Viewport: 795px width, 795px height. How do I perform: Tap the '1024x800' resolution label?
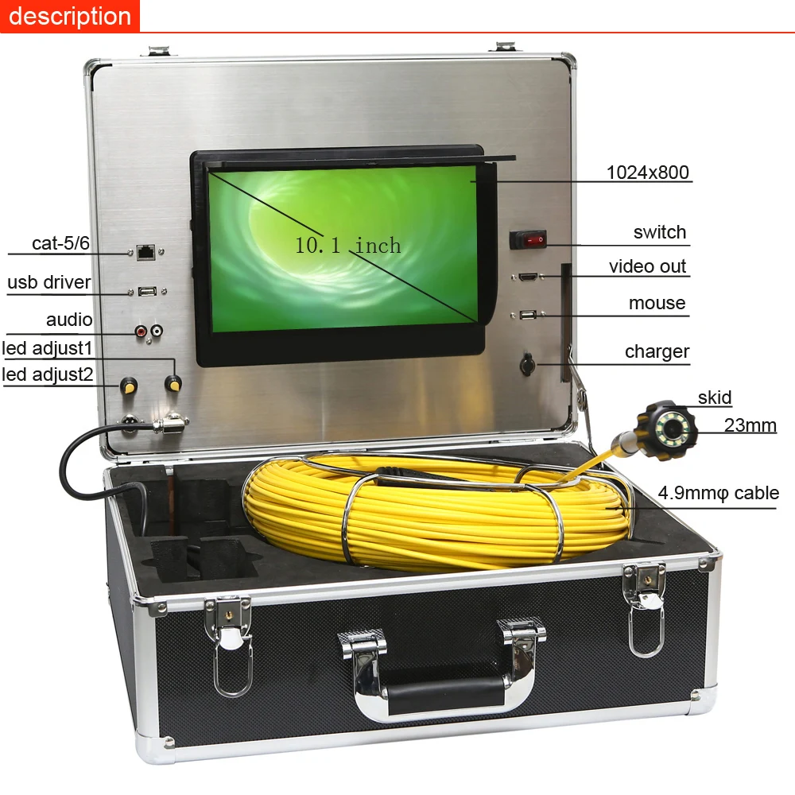[x=647, y=172]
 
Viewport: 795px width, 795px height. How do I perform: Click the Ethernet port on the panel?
[x=146, y=252]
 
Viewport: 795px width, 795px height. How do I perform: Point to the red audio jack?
[x=142, y=329]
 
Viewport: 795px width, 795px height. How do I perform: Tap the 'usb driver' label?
[x=48, y=282]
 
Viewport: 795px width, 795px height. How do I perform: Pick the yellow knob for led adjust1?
[x=172, y=384]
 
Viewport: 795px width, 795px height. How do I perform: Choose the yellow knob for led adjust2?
[x=127, y=387]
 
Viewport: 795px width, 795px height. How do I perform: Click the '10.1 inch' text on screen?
[x=348, y=246]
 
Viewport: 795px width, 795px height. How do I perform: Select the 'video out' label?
[x=647, y=266]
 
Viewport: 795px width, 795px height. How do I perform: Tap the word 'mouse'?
[x=657, y=303]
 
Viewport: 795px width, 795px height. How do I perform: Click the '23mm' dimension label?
[x=750, y=425]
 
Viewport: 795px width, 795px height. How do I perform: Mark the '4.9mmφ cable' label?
[x=718, y=493]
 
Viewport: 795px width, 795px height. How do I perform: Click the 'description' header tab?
[x=69, y=16]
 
